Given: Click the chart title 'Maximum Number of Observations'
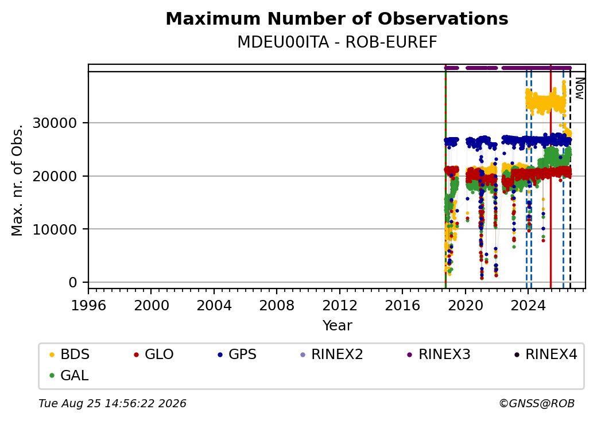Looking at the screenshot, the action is click(337, 18).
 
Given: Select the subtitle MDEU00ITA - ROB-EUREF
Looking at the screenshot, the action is click(337, 42).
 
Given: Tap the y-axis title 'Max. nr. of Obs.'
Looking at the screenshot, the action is click(17, 180).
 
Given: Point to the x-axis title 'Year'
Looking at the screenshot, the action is click(337, 326).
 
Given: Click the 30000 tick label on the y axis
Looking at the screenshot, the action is click(55, 123).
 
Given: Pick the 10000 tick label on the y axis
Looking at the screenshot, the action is click(55, 229).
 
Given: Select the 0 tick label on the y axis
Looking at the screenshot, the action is click(73, 283).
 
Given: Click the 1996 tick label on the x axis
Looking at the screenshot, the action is click(88, 305).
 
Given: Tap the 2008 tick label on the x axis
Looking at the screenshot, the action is click(277, 305).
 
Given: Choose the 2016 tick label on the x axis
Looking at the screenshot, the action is click(402, 305).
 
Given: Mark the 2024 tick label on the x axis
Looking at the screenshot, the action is click(528, 305).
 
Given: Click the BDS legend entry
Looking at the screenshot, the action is click(69, 354).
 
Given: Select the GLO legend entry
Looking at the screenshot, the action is click(154, 354).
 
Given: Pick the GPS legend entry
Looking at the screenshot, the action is click(237, 354).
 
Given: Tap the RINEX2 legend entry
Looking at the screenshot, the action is click(332, 354).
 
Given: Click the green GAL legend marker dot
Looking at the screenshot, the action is click(52, 376).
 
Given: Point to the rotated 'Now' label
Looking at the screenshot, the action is click(579, 88).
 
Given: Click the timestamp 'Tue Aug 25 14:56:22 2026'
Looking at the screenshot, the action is click(113, 403).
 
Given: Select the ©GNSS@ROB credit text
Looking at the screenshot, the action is click(537, 403).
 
